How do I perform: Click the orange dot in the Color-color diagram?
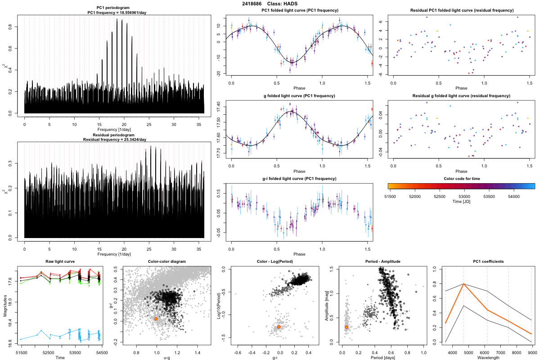tap(156, 319)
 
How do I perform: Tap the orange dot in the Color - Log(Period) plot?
tap(279, 327)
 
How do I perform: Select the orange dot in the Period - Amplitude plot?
tap(346, 327)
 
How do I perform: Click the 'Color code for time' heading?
tap(461, 179)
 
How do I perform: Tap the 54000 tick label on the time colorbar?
tap(514, 196)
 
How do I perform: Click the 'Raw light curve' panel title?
tap(60, 262)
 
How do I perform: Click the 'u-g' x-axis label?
tap(166, 358)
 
